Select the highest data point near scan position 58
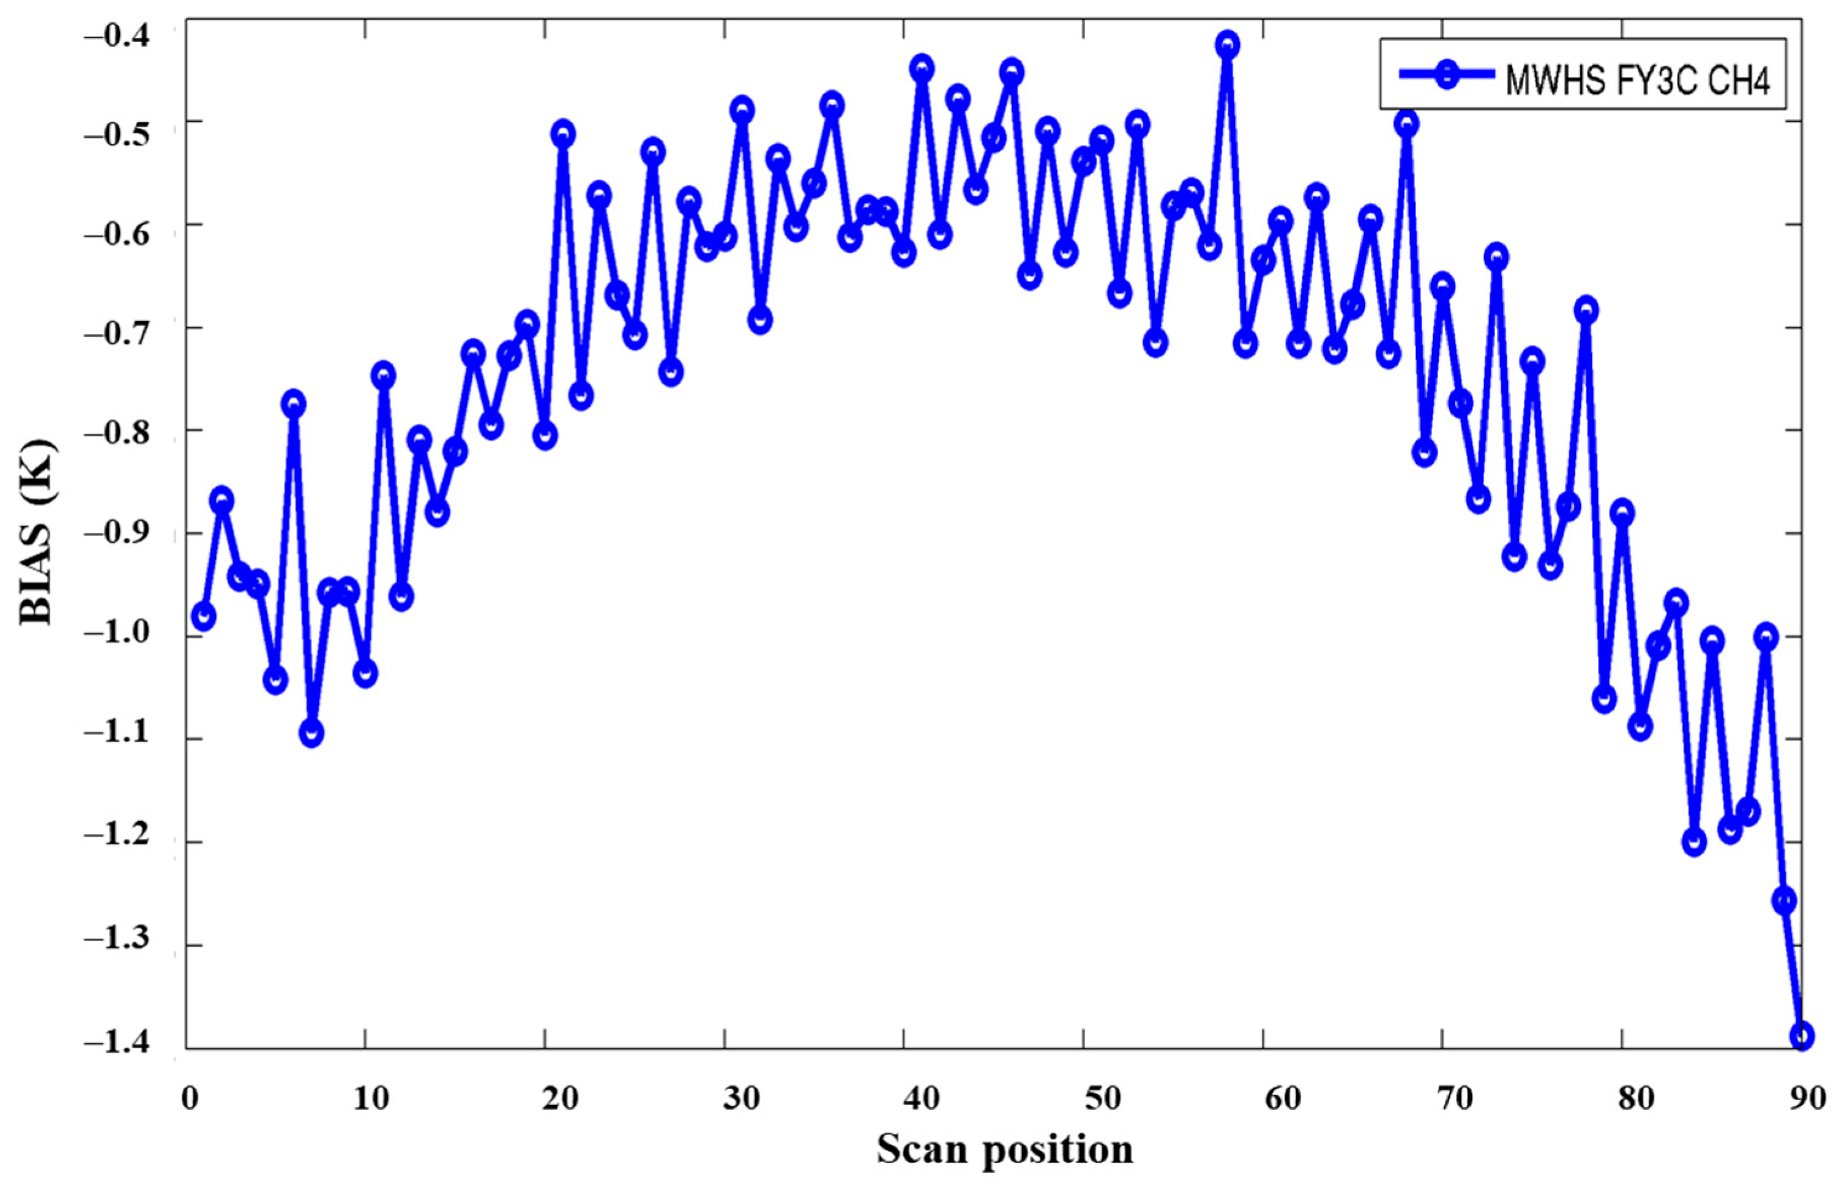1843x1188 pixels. (1227, 45)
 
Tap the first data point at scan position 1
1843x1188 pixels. (204, 616)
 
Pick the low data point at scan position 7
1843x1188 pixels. (312, 733)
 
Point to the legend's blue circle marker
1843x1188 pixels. (1449, 75)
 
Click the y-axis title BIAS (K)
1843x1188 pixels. (37, 532)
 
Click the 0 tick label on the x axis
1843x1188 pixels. (190, 1098)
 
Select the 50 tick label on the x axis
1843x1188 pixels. (1103, 1098)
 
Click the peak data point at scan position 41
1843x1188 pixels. (922, 69)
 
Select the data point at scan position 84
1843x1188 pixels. (1694, 842)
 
